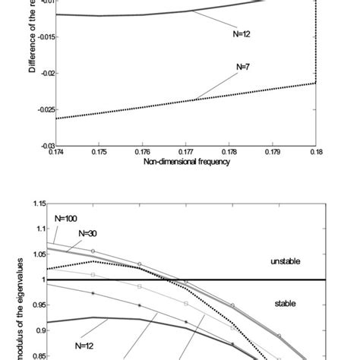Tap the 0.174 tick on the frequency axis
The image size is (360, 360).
pyautogui.click(x=55, y=153)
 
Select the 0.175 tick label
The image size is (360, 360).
pyautogui.click(x=99, y=153)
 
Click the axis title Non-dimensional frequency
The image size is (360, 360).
pyautogui.click(x=182, y=163)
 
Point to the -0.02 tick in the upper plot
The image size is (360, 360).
pyautogui.click(x=44, y=73)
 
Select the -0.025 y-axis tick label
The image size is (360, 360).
pyautogui.click(x=43, y=109)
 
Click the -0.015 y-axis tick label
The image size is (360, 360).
pyautogui.click(x=43, y=36)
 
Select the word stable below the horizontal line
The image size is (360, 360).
pyautogui.click(x=287, y=303)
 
